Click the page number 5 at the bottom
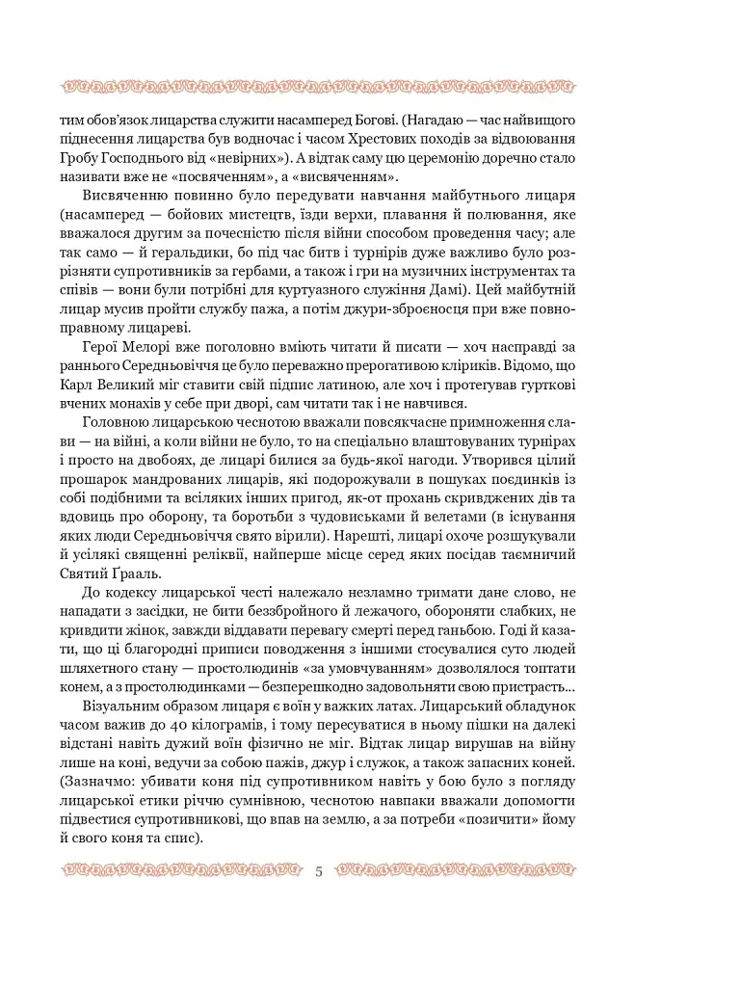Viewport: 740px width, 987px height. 319,872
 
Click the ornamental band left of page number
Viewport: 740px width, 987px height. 182,872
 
